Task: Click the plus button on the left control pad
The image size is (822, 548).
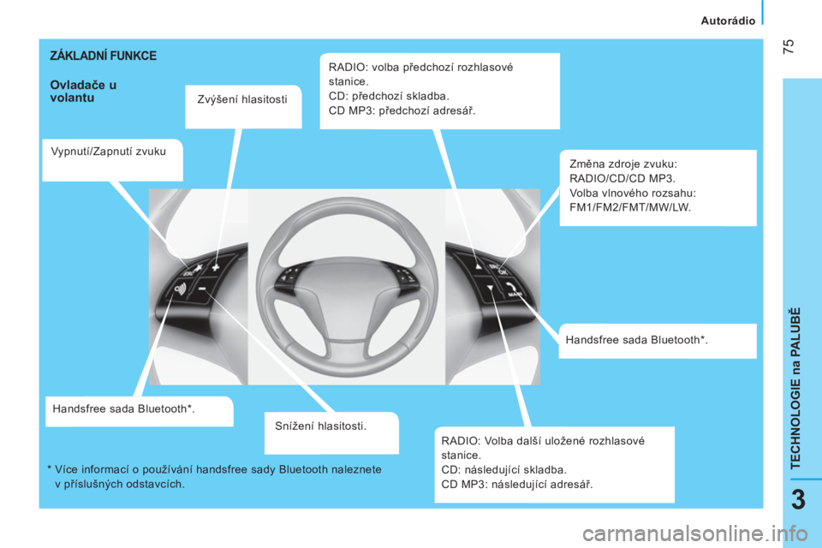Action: pos(216,267)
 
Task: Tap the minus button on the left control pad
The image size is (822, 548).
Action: pos(202,289)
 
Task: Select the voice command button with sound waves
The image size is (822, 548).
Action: pos(181,289)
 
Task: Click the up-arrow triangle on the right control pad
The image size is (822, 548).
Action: pos(478,266)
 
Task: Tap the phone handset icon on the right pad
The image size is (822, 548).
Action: pos(510,287)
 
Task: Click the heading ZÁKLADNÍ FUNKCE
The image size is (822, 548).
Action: pos(104,56)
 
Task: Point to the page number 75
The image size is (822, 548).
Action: pos(789,46)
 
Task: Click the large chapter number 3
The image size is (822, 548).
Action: pos(798,500)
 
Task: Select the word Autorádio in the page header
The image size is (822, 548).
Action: pos(728,21)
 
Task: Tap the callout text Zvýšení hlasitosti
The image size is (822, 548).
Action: pos(242,99)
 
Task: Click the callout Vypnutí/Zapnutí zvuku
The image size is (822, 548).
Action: pos(109,152)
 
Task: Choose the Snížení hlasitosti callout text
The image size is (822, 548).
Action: pos(321,426)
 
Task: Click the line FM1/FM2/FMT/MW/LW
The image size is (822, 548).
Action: pos(630,207)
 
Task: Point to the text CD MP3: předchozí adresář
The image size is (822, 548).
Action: pos(402,110)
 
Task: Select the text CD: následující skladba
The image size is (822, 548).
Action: pos(503,470)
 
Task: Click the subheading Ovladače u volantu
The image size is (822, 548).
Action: pos(83,92)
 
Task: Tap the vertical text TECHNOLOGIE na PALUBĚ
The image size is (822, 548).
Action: pos(795,388)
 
